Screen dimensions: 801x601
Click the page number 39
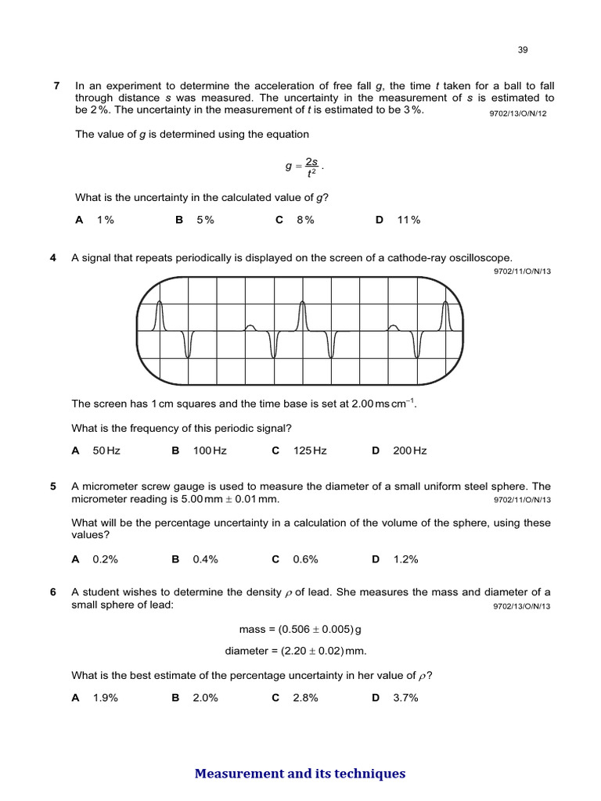coord(523,50)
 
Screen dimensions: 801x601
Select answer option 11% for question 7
coord(408,220)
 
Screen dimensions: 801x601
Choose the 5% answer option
coord(205,220)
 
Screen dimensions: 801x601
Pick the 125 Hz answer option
coord(310,451)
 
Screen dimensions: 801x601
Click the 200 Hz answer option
coord(410,451)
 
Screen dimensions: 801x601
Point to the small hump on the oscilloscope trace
coord(250,327)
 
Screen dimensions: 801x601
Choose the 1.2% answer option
coord(405,559)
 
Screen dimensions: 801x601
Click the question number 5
coord(53,486)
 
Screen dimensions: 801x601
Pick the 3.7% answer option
coord(405,698)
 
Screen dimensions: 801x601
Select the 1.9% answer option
coord(105,698)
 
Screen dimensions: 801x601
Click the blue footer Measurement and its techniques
coord(300,774)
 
